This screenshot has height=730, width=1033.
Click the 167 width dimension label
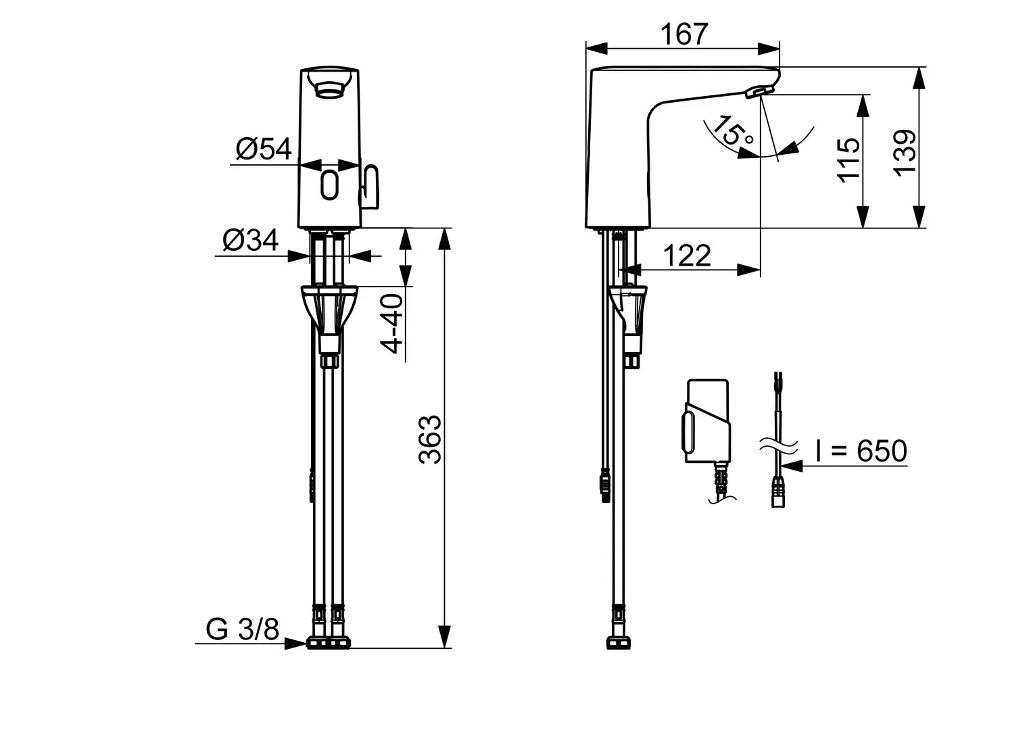[683, 34]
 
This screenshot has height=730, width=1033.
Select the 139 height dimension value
[905, 153]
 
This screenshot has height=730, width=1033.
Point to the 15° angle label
[733, 131]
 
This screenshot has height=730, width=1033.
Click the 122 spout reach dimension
[687, 256]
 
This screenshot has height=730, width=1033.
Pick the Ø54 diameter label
[263, 149]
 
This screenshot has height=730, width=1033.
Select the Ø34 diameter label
[250, 240]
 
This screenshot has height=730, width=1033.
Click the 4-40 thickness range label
[392, 324]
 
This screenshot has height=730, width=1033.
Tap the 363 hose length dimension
[430, 439]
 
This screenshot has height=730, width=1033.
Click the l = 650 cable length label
[861, 451]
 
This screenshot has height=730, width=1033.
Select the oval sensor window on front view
[329, 185]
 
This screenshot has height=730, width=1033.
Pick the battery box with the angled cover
[707, 422]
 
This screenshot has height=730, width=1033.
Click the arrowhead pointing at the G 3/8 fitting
[295, 643]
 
